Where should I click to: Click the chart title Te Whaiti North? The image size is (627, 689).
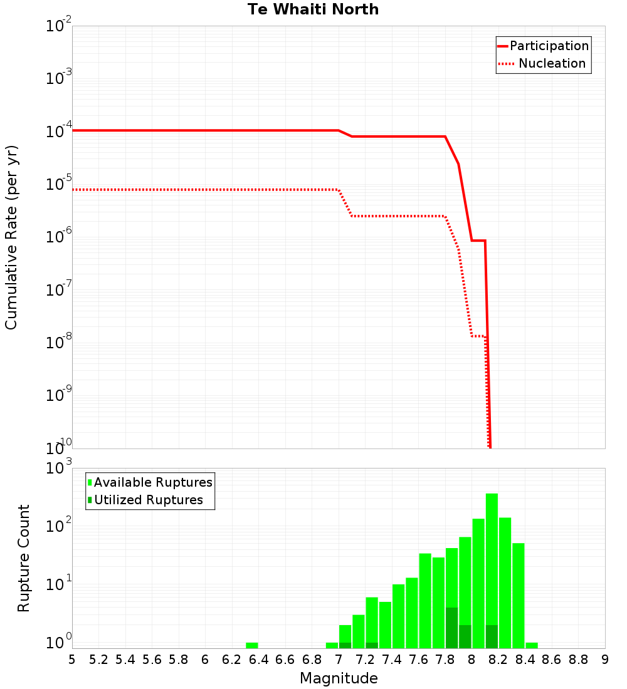pyautogui.click(x=313, y=10)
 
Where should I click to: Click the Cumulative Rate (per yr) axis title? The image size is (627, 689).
pyautogui.click(x=11, y=237)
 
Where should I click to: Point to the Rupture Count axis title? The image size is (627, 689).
pyautogui.click(x=24, y=558)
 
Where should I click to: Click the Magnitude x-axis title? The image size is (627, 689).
pyautogui.click(x=339, y=678)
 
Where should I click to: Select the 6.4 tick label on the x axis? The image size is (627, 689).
pyautogui.click(x=258, y=660)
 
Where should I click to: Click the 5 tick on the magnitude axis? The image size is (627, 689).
pyautogui.click(x=72, y=660)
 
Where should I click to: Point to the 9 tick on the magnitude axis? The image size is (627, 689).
pyautogui.click(x=605, y=660)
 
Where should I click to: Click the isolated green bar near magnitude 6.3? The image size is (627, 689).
pyautogui.click(x=252, y=645)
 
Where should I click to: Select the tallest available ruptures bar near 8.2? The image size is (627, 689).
pyautogui.click(x=492, y=570)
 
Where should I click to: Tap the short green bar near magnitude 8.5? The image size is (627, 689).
pyautogui.click(x=532, y=645)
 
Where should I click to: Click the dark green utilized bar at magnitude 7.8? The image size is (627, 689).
pyautogui.click(x=451, y=628)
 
